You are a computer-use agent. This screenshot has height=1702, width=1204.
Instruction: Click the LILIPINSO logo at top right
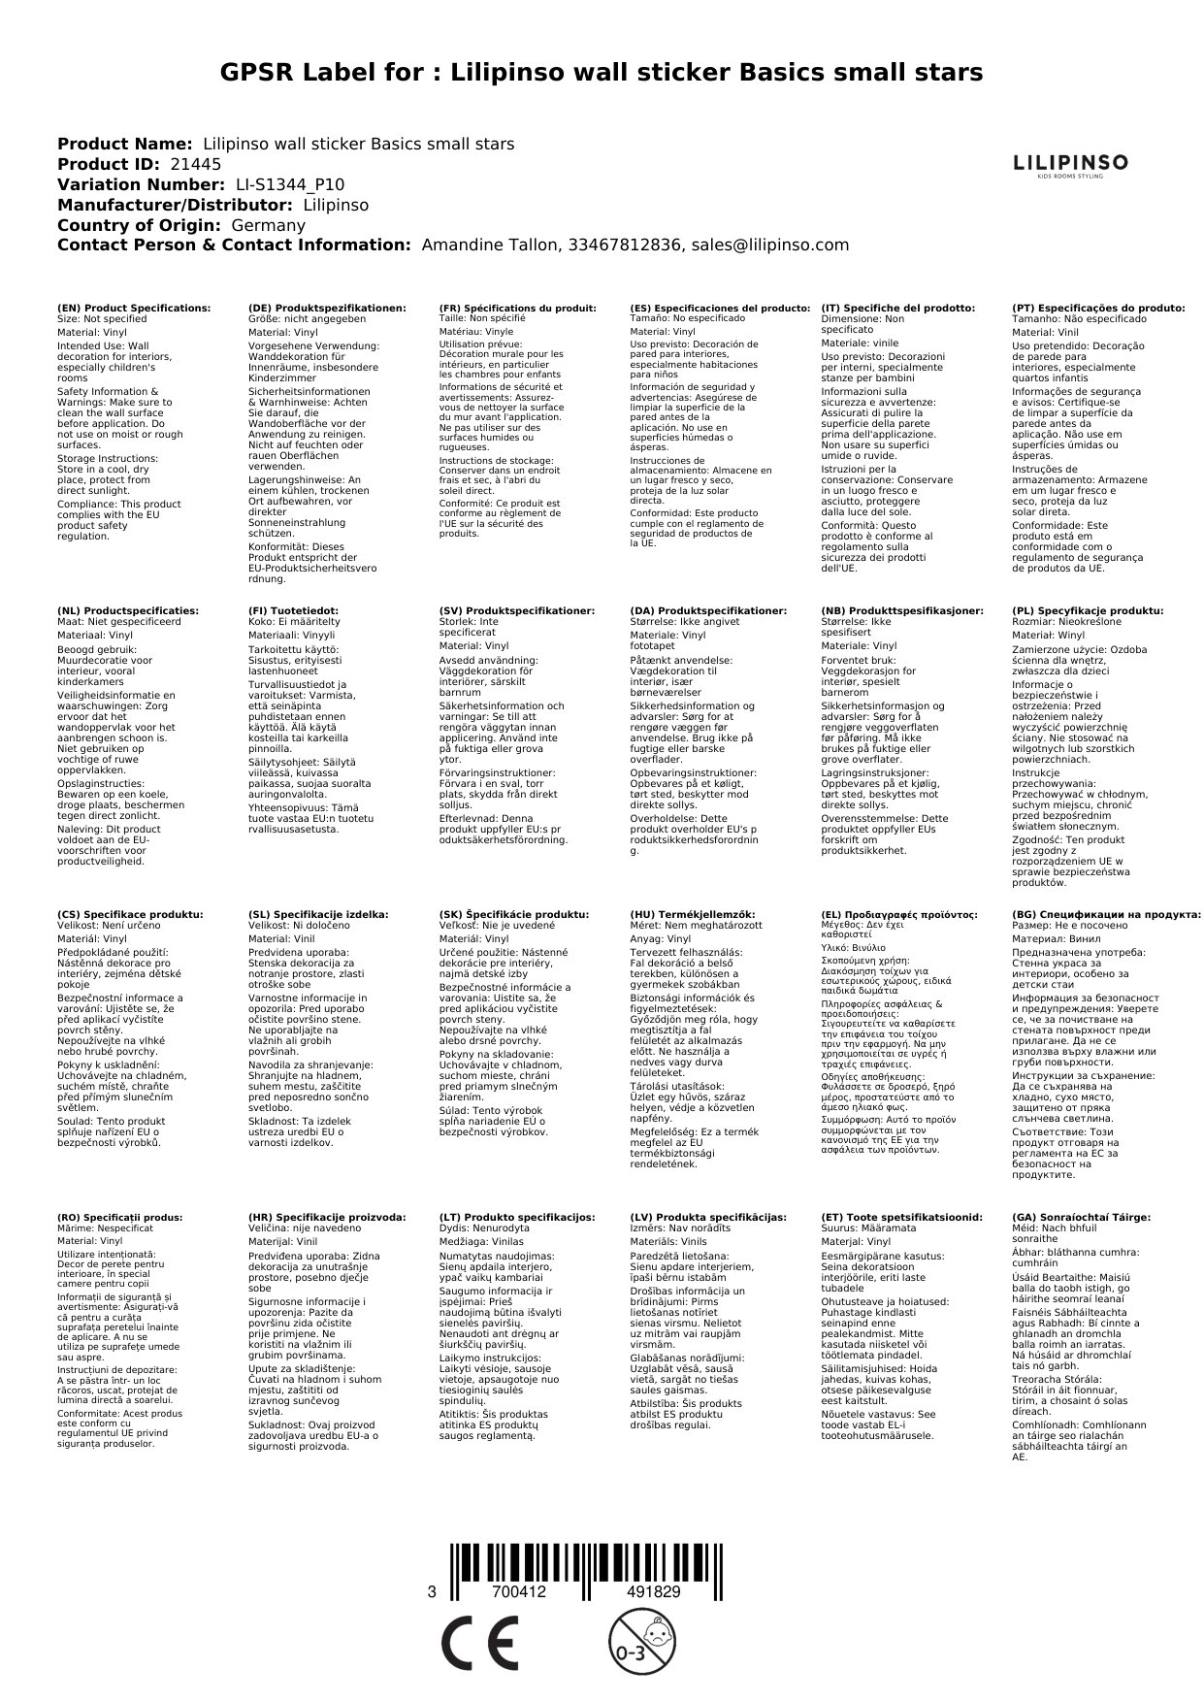tap(1070, 164)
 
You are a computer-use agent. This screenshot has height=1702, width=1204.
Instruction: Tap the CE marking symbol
tap(479, 1644)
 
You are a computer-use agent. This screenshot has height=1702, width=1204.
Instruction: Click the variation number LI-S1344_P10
tap(290, 185)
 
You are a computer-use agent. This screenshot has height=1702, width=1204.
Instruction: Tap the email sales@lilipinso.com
tap(769, 245)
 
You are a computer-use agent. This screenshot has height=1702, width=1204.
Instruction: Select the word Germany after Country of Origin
tap(269, 225)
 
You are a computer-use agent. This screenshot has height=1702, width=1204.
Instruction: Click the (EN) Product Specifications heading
tap(134, 308)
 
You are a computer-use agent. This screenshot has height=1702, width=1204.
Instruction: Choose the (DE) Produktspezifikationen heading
tap(327, 308)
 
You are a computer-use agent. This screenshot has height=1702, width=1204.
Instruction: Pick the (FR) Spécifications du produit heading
tap(517, 308)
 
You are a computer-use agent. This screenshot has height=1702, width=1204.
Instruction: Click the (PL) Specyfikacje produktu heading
tap(1088, 610)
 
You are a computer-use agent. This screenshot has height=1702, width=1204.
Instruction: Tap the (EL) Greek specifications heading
tap(898, 914)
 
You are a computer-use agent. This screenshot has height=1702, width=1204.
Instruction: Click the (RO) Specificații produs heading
tap(119, 1217)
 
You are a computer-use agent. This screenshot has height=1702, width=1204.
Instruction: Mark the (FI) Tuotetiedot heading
tap(294, 610)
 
